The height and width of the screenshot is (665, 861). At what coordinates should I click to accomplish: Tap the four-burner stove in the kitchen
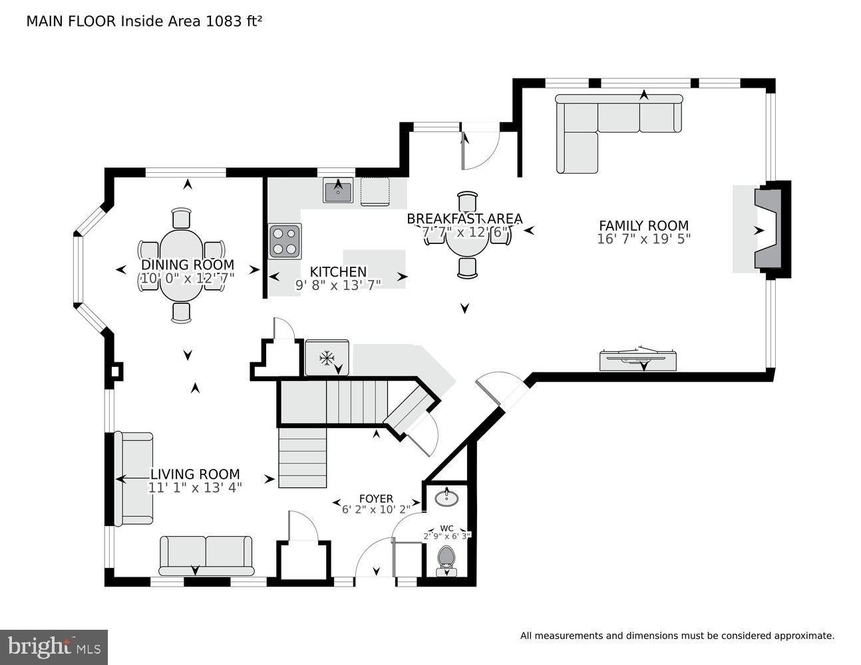[x=285, y=241]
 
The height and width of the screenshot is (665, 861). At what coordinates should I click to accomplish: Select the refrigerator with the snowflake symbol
[x=327, y=358]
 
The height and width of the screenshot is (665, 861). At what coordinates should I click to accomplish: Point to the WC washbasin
[x=446, y=497]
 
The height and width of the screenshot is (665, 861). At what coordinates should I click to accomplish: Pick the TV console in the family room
[x=637, y=360]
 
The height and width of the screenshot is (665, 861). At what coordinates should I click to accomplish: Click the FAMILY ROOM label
[x=643, y=226]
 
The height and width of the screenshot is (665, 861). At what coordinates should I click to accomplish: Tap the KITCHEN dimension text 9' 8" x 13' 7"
[x=338, y=285]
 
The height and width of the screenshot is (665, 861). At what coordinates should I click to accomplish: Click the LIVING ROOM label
[x=194, y=474]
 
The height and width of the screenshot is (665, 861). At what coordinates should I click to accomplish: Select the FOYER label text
[x=376, y=499]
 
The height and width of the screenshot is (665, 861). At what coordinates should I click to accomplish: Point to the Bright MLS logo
[x=54, y=647]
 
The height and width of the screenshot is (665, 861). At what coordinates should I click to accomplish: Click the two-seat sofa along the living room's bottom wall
[x=206, y=555]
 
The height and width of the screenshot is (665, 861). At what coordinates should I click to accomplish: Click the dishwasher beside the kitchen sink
[x=377, y=192]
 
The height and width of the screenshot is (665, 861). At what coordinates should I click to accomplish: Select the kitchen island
[x=375, y=269]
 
